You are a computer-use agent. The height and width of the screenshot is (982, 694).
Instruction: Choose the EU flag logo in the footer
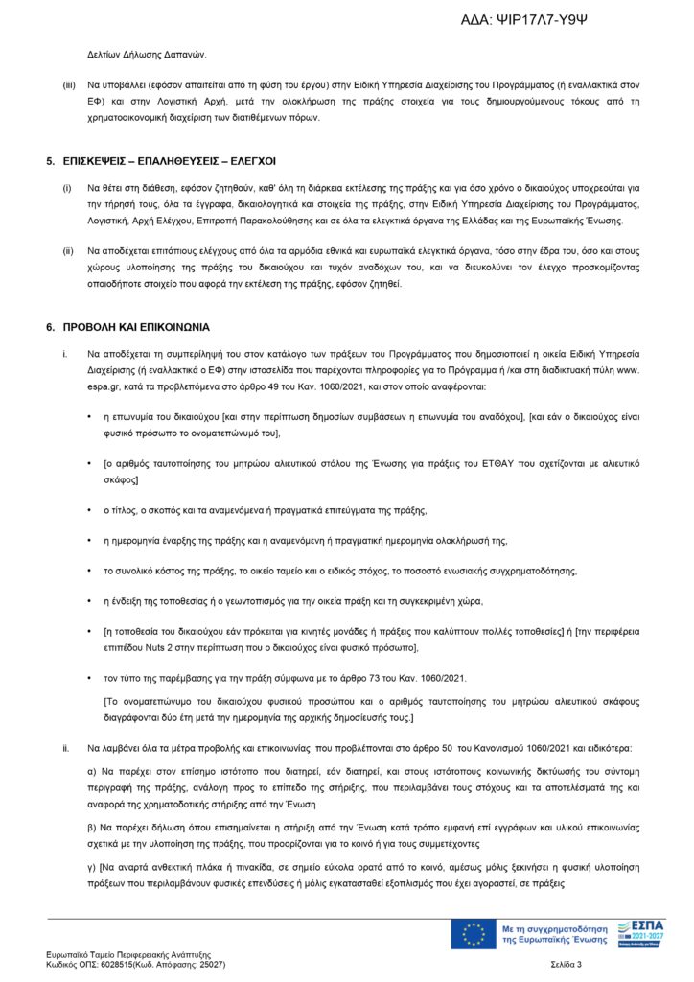pyautogui.click(x=474, y=934)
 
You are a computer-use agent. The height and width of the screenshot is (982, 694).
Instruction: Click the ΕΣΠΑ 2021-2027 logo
pyautogui.click(x=642, y=933)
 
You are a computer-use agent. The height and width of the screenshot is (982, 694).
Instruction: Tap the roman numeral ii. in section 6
pyautogui.click(x=66, y=746)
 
